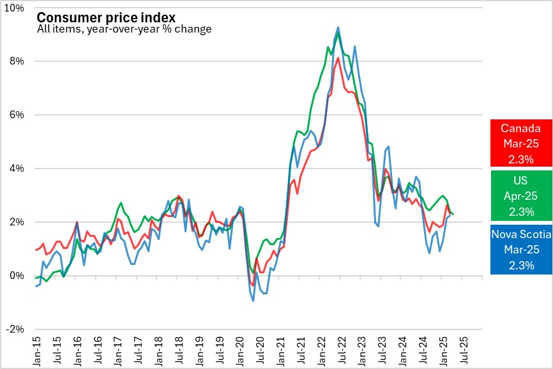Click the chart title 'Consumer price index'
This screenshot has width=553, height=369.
click(106, 17)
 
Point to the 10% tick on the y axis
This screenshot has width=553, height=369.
click(15, 8)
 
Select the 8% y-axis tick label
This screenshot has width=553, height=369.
click(17, 61)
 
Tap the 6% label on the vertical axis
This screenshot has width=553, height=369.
click(17, 115)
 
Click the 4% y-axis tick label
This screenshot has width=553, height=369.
click(17, 169)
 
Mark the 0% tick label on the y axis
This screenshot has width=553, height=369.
click(17, 276)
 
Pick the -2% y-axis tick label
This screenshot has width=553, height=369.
click(16, 329)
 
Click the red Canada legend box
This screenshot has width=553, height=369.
click(521, 142)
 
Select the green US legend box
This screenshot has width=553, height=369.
click(521, 195)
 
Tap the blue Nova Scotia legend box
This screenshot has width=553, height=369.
click(521, 250)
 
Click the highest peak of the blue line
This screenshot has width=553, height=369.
click(338, 27)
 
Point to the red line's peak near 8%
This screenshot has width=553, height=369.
click(338, 58)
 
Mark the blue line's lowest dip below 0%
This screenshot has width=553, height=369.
click(254, 301)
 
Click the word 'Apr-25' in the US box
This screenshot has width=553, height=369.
click(521, 195)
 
